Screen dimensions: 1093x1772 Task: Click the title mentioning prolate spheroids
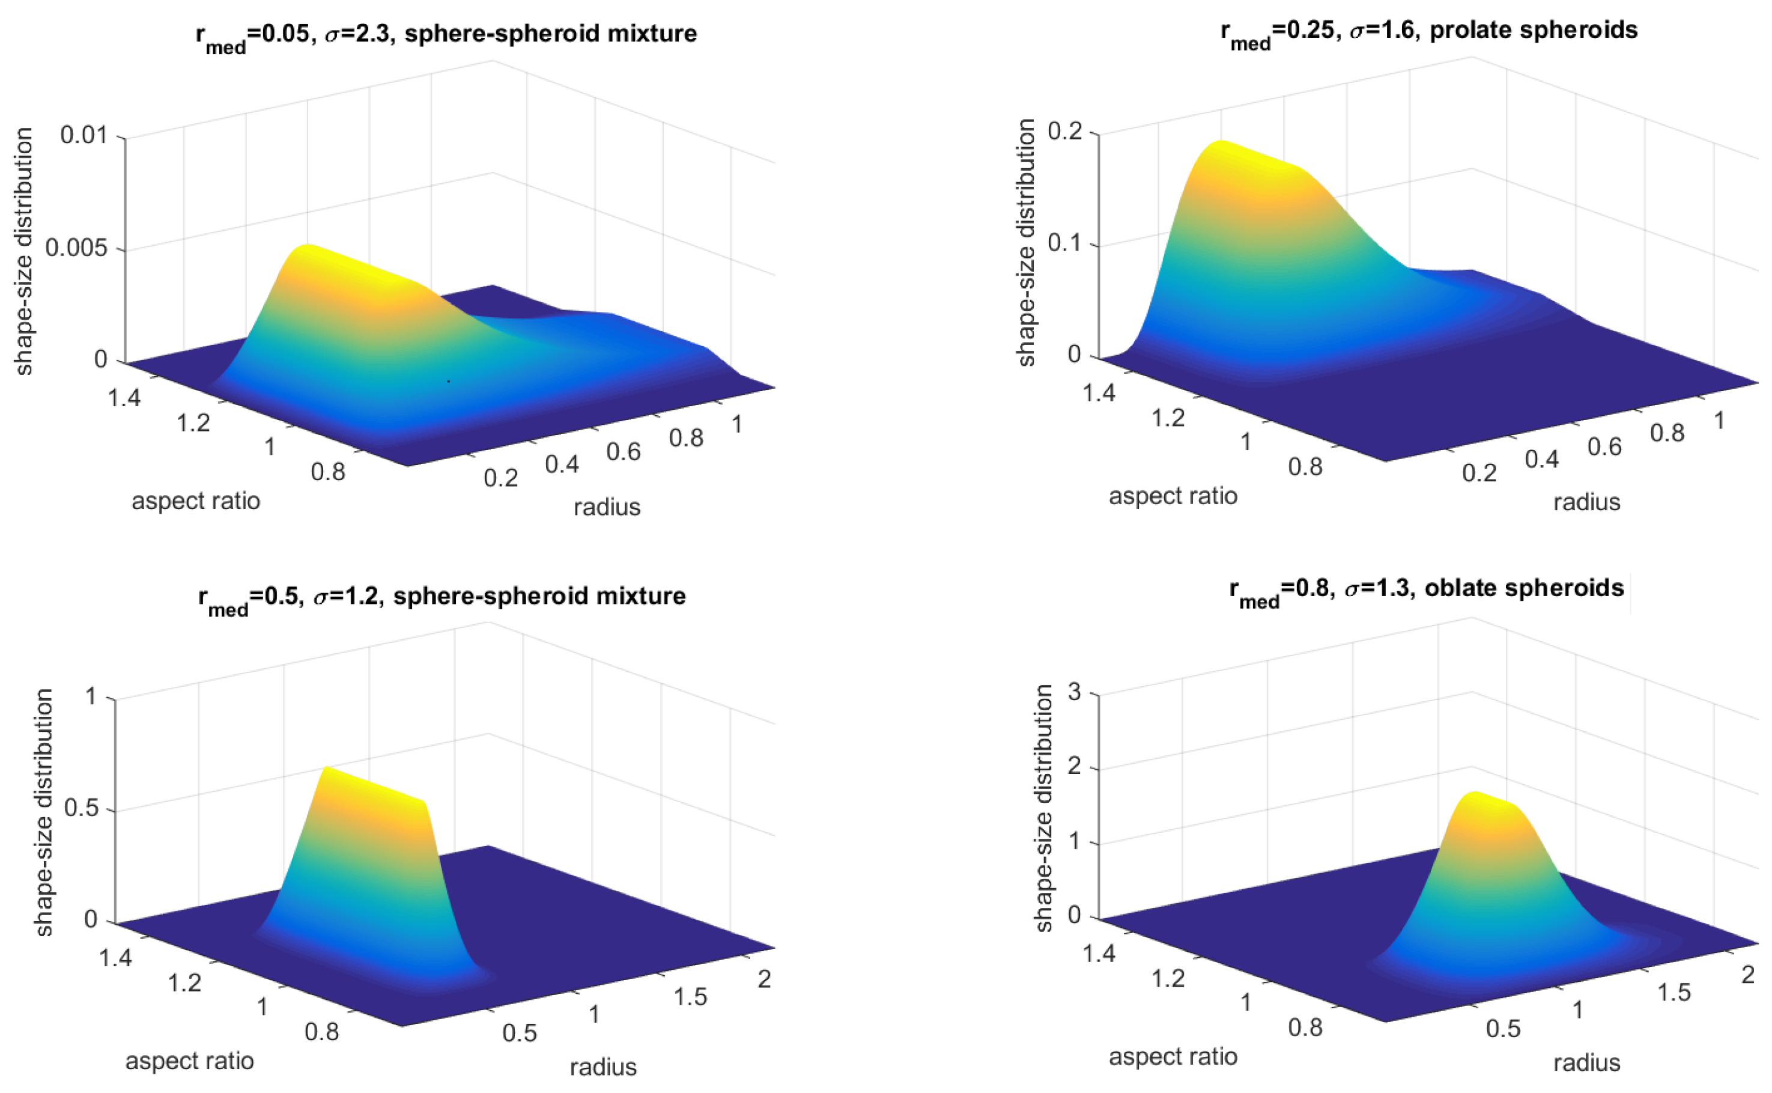pos(1429,31)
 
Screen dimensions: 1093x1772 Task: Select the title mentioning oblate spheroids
pos(1427,589)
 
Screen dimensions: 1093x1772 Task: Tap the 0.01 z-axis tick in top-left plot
pos(83,135)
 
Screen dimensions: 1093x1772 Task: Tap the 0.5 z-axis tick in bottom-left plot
pos(81,808)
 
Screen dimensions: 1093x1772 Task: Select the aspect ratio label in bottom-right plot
pos(1172,1057)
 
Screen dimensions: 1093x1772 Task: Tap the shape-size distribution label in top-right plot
pos(1025,243)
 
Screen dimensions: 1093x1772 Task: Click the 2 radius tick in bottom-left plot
pos(764,979)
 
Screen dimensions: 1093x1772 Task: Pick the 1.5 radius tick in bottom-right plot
pos(1673,993)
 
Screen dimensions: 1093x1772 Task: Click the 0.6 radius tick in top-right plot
pos(1604,446)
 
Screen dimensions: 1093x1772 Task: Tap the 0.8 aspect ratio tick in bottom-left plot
pos(321,1032)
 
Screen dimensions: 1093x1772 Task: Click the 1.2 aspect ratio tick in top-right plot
pos(1168,418)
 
